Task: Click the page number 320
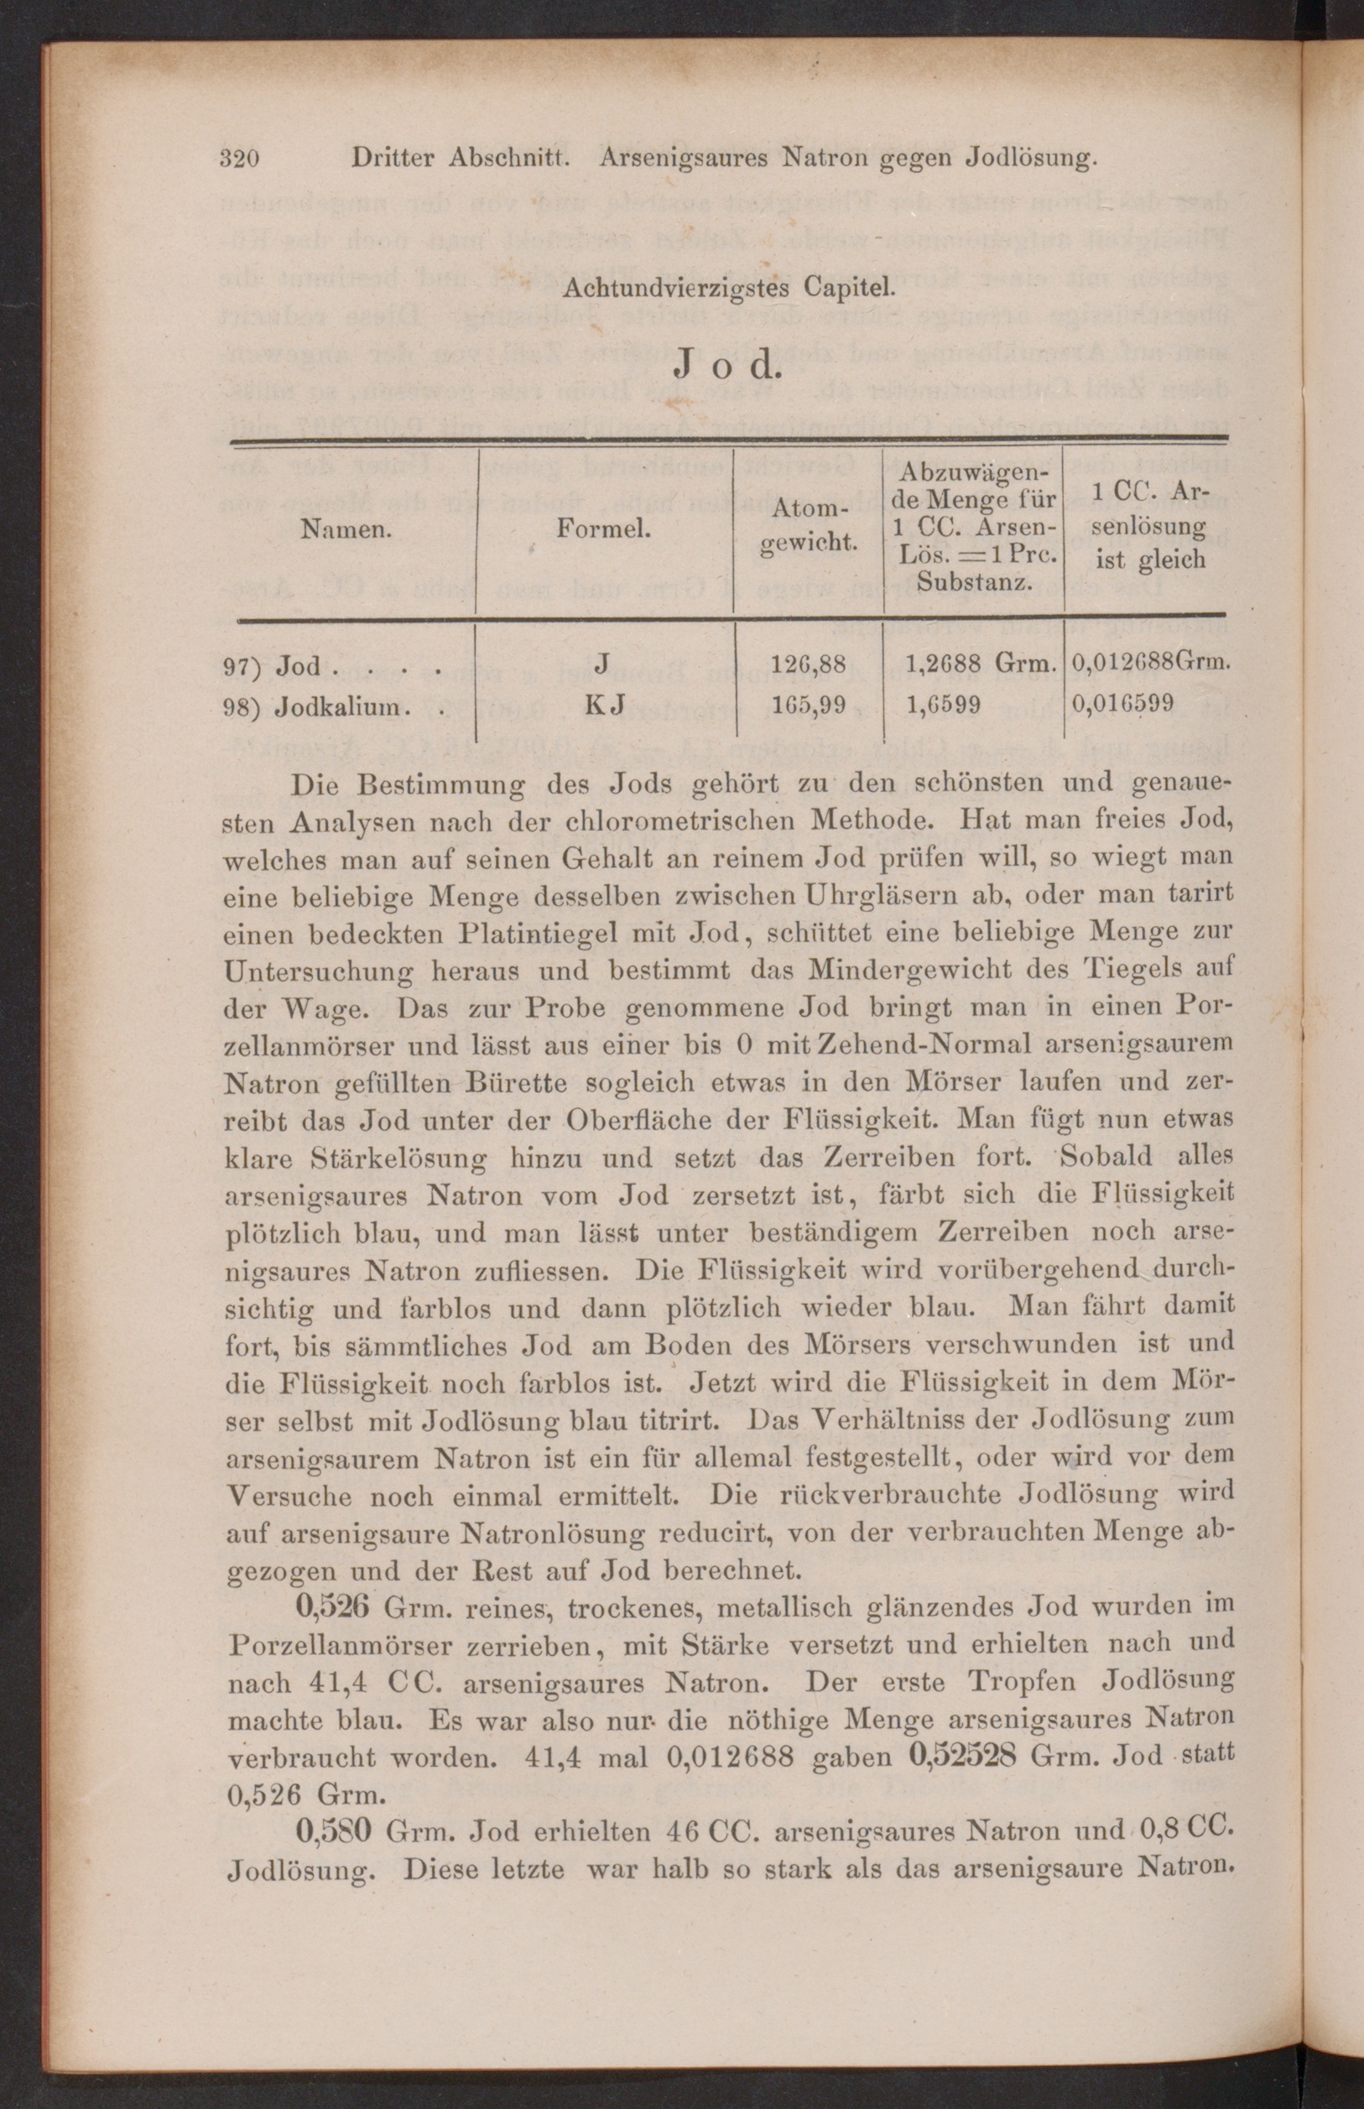click(x=238, y=159)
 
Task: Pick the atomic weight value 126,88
click(x=810, y=664)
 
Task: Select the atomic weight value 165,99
click(x=810, y=705)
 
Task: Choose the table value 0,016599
click(x=1123, y=703)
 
